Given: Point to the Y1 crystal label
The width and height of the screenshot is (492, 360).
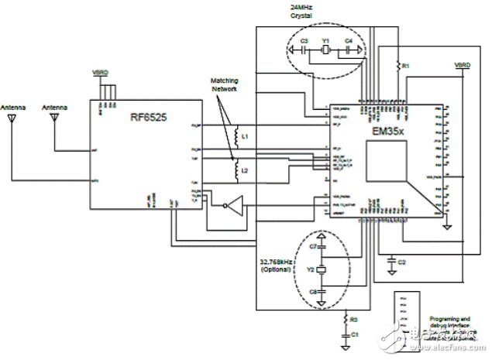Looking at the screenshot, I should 326,39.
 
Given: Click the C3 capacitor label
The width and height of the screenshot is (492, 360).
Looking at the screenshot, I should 304,39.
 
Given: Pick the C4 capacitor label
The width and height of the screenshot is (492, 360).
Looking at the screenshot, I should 348,39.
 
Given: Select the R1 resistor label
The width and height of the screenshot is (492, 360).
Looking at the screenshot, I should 404,67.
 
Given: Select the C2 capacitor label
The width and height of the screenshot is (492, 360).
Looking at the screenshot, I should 401,264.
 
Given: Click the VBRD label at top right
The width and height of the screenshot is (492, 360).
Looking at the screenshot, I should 462,64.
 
